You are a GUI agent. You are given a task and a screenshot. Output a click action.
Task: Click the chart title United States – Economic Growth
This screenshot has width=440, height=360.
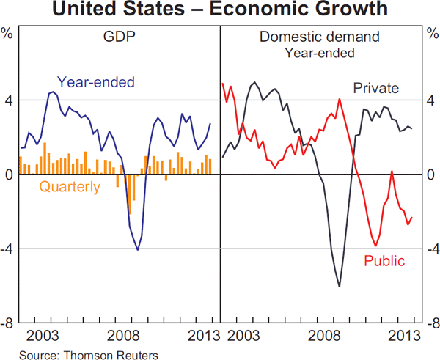click(220, 10)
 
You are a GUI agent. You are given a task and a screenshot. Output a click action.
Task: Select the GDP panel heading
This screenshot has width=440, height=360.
click(119, 36)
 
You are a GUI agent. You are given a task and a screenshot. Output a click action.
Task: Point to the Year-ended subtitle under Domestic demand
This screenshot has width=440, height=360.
click(319, 52)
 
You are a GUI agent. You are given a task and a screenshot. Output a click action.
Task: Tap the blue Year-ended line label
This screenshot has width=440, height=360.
click(95, 82)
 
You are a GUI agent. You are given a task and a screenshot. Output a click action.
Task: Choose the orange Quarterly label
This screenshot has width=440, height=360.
click(70, 187)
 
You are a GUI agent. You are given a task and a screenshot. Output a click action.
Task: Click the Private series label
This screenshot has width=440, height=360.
click(375, 89)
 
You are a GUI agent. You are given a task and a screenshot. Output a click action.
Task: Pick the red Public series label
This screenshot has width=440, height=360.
click(384, 260)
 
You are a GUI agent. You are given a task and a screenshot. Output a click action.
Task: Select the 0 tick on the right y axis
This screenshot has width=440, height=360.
click(433, 175)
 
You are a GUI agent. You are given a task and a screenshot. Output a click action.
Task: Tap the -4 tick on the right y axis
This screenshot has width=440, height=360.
click(430, 249)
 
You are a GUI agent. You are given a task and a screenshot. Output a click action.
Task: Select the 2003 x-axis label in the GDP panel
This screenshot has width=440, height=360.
click(43, 336)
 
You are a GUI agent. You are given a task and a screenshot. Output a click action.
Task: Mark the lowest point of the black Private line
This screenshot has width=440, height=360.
click(339, 286)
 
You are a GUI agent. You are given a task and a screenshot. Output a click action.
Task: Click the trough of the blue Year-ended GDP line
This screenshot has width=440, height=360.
click(137, 250)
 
